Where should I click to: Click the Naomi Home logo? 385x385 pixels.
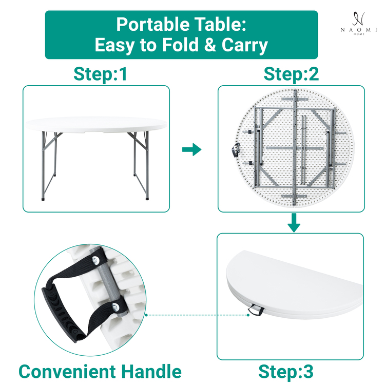pos(358,23)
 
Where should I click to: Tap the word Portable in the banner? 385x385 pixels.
pos(153,24)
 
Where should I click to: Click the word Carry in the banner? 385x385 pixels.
pos(244,46)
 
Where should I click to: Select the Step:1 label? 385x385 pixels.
pos(101,74)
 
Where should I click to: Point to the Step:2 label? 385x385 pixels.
pos(291,74)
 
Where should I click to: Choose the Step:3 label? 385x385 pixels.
pos(286,372)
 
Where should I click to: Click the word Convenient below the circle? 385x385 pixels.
pos(67,372)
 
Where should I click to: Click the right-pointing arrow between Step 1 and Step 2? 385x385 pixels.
pos(192,149)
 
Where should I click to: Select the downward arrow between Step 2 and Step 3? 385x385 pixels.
pos(294,223)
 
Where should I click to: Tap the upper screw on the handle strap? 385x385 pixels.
pos(95,260)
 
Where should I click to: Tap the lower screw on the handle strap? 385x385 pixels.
pos(115,307)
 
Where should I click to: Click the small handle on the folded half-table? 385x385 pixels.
pos(256,310)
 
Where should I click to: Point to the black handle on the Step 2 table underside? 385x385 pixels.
pos(235,150)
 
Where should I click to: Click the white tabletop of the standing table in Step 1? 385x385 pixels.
pos(97,125)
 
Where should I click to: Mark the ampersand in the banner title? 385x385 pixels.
pos(209,45)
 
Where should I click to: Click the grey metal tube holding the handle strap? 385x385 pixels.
pos(109,282)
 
